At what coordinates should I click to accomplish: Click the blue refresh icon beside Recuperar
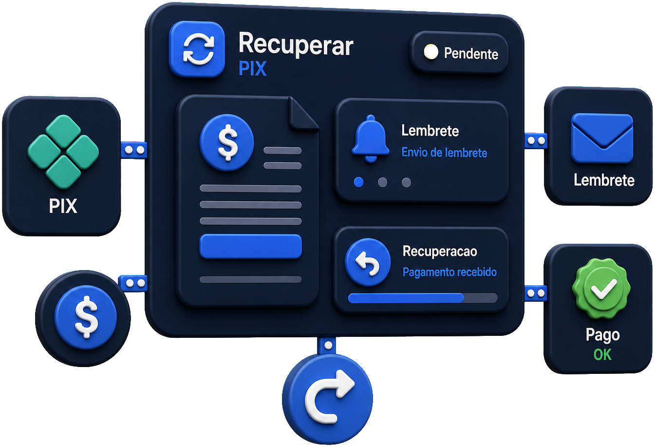(x=197, y=49)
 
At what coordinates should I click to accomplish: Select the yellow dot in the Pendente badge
(x=430, y=52)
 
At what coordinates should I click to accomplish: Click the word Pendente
(x=471, y=54)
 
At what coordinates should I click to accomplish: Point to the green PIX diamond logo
(x=63, y=152)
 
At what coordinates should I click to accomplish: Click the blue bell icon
(x=371, y=139)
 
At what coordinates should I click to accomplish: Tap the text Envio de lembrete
(x=444, y=153)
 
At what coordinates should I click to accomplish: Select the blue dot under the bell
(x=358, y=182)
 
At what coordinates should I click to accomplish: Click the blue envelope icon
(x=602, y=138)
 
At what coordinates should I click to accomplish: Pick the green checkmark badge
(x=601, y=289)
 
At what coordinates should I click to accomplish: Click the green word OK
(x=602, y=355)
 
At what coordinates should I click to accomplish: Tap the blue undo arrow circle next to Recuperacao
(x=368, y=262)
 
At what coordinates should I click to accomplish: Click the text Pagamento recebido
(x=449, y=272)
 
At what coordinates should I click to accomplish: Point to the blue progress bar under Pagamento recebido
(x=406, y=298)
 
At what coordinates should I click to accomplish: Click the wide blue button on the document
(x=250, y=247)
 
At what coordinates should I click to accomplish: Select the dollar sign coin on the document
(x=226, y=142)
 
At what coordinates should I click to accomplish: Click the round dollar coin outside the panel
(x=86, y=317)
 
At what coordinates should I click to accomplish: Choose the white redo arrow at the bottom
(x=329, y=397)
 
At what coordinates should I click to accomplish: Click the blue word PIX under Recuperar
(x=253, y=69)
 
